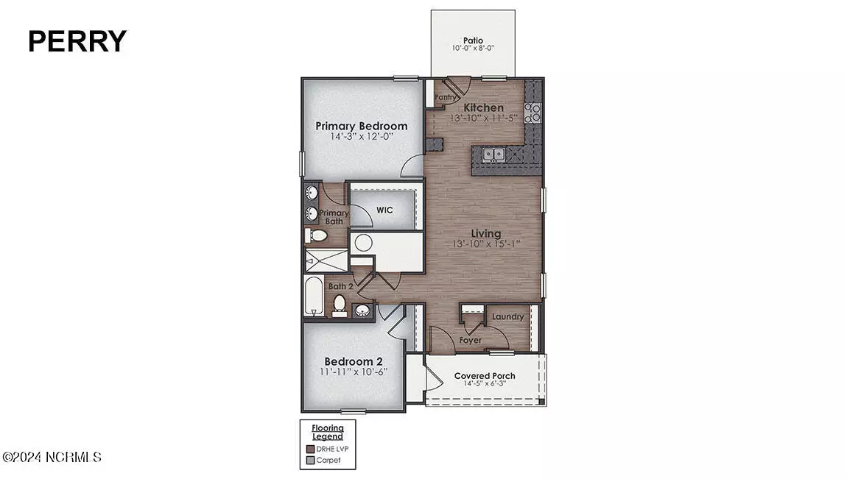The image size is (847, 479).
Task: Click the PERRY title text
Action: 77,41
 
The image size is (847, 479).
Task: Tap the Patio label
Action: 473,40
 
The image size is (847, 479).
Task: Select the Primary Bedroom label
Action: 362,127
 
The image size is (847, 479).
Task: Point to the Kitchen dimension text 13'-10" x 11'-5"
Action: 483,118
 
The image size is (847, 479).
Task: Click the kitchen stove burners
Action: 533,112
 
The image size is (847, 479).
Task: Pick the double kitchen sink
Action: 493,155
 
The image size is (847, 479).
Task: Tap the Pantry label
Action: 445,97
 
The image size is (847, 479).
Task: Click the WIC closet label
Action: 384,210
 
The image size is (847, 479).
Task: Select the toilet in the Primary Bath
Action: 317,235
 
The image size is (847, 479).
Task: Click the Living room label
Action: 485,233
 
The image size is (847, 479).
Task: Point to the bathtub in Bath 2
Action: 313,296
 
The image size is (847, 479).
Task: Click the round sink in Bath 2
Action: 362,311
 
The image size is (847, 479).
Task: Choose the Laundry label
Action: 507,316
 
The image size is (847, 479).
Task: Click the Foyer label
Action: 471,341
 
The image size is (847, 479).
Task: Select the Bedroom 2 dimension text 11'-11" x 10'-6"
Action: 354,372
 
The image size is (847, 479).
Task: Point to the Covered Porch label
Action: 485,376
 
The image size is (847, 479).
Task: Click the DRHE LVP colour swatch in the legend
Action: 310,449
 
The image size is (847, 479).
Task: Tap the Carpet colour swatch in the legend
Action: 310,460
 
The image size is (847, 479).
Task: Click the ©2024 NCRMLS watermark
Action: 52,458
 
